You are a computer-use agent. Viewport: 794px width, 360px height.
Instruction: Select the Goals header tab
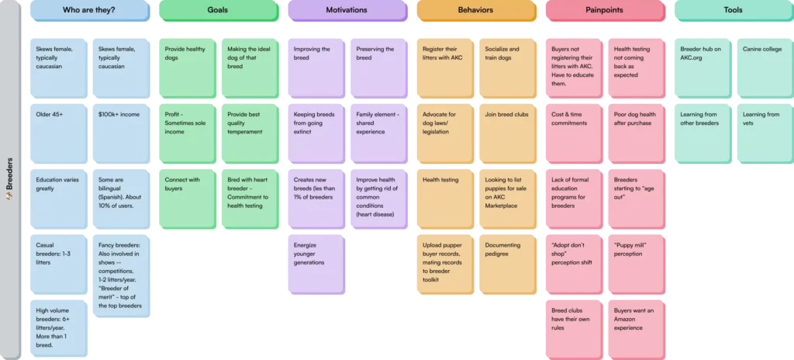[x=217, y=10]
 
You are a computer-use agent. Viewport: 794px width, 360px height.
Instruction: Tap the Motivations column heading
[x=346, y=10]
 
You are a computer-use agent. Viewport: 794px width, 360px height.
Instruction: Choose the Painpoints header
[x=606, y=10]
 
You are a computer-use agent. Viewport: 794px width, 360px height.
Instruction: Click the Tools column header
[x=733, y=10]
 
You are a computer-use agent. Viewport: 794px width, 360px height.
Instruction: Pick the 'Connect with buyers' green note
[x=186, y=199]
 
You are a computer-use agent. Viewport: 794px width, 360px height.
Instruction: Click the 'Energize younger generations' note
[x=315, y=264]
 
